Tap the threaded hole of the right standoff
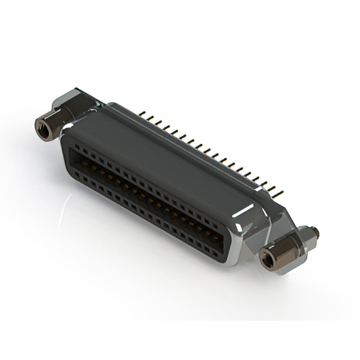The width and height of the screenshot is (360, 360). [267, 258]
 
